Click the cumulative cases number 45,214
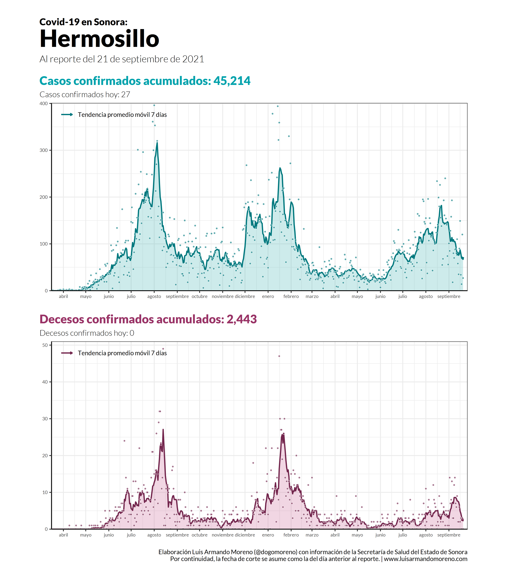coord(232,81)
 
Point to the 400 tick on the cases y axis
coord(43,103)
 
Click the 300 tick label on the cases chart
coord(43,150)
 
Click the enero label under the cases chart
coord(268,296)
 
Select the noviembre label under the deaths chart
coord(222,535)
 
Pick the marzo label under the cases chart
coord(312,296)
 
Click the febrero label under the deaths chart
coord(291,535)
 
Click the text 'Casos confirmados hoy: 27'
coord(85,94)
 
